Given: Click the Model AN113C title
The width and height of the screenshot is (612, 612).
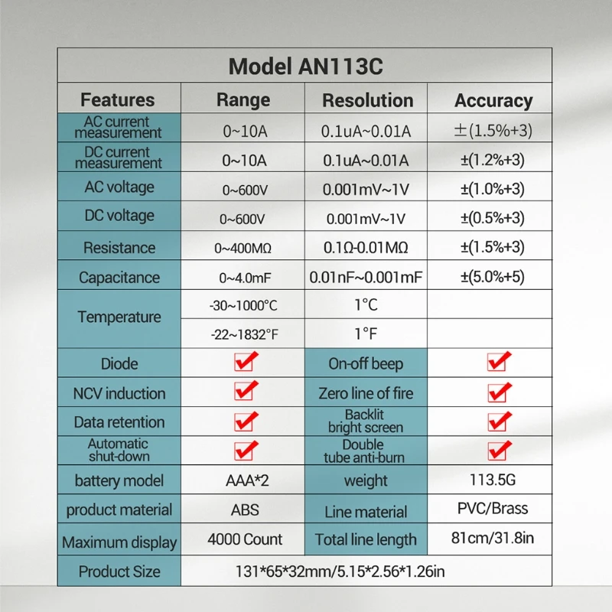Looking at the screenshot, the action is tap(305, 66).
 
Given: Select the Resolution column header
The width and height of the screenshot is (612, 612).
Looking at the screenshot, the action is tap(368, 100).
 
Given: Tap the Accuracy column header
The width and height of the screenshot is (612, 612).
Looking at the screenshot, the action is tap(493, 101).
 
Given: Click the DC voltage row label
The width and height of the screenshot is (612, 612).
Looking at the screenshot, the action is tap(119, 216).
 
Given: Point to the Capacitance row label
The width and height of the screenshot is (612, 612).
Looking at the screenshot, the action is tap(119, 278).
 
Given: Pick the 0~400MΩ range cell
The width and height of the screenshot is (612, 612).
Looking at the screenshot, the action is tap(243, 248).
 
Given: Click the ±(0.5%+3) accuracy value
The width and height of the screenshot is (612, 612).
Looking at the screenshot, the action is tap(493, 218).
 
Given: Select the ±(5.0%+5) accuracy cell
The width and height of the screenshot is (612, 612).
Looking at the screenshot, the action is tap(493, 277).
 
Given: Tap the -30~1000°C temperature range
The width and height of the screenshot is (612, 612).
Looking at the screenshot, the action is tap(243, 305).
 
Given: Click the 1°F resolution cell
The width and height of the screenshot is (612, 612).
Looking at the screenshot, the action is tap(366, 334).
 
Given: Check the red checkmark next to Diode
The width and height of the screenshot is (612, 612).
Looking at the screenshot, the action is tap(246, 361).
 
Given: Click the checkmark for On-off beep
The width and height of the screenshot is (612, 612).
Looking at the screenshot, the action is tap(499, 361).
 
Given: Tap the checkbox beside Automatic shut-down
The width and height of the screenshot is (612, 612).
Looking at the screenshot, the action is tap(246, 451).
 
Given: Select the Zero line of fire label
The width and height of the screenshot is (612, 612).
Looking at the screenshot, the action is tap(366, 393).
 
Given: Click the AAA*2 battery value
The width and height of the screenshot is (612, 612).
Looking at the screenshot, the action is tap(247, 480).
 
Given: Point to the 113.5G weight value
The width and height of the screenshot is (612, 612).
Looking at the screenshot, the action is tap(493, 480).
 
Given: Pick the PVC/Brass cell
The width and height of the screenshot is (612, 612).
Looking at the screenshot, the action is tap(493, 509).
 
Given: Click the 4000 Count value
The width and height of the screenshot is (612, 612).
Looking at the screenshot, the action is tap(245, 539).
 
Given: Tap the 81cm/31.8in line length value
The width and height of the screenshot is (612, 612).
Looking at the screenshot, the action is tap(493, 539).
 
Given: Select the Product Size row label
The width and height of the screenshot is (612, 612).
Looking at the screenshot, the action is tap(119, 571).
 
